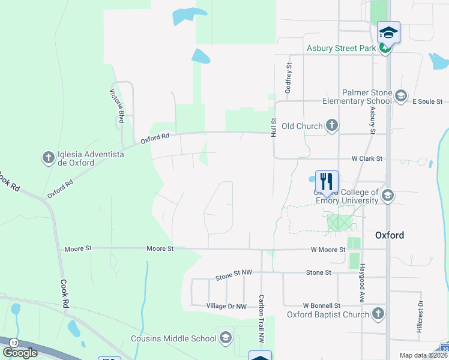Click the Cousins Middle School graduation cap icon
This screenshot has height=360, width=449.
click(x=226, y=338)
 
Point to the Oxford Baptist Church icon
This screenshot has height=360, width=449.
click(x=378, y=314)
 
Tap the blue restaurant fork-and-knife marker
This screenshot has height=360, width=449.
click(x=327, y=181)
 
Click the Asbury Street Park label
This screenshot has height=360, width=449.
click(x=341, y=49)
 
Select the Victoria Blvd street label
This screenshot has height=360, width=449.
click(x=117, y=106)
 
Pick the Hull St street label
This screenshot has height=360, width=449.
click(x=273, y=127)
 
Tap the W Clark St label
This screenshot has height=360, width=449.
click(x=367, y=159)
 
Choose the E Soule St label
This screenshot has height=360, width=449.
click(x=427, y=101)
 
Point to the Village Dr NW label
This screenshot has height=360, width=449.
click(x=226, y=306)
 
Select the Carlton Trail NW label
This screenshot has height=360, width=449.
click(x=261, y=318)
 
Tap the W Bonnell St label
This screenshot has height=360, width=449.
click(x=321, y=305)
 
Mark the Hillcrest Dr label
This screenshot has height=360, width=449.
click(x=420, y=316)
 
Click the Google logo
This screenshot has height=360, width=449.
click(x=20, y=353)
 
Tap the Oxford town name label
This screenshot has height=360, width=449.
click(x=390, y=235)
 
